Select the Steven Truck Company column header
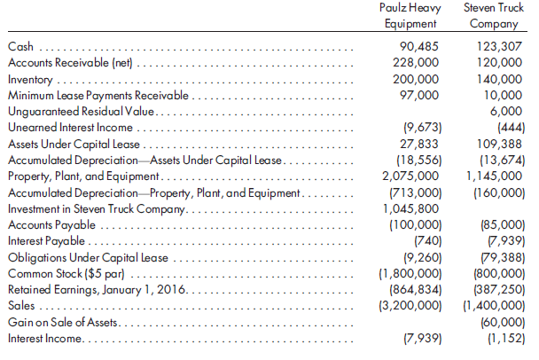(x=492, y=17)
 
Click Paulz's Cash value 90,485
(x=415, y=46)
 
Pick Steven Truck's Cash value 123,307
(x=500, y=46)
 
